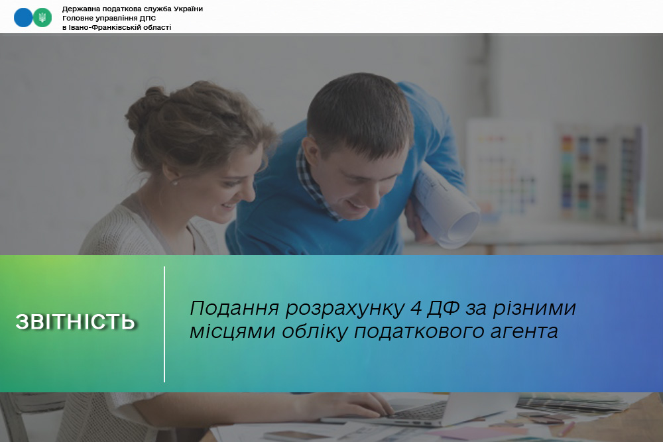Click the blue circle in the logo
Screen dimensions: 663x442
23,18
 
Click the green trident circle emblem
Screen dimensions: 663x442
42,18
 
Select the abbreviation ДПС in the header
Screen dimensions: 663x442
148,18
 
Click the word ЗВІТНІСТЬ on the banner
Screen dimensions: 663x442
76,322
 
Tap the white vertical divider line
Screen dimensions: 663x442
164,324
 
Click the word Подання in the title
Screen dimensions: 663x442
235,308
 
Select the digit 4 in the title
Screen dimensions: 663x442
416,308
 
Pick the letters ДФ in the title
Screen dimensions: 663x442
443,308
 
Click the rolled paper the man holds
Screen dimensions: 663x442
446,207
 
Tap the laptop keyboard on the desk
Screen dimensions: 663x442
418,410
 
